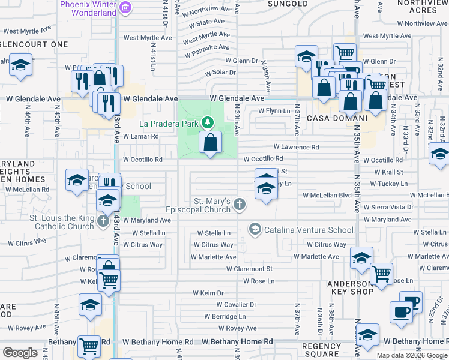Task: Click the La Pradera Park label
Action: tap(169, 124)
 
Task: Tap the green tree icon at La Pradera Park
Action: tap(208, 122)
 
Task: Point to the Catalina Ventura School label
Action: tap(309, 230)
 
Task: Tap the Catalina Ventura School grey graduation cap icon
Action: tap(255, 229)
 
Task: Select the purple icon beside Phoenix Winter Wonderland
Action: tap(125, 7)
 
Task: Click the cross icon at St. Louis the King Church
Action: tap(102, 222)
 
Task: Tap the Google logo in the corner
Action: tap(20, 353)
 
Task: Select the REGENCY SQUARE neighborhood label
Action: tap(321, 350)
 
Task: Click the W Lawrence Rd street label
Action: tap(296, 147)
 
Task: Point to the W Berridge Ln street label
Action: tap(226, 316)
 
